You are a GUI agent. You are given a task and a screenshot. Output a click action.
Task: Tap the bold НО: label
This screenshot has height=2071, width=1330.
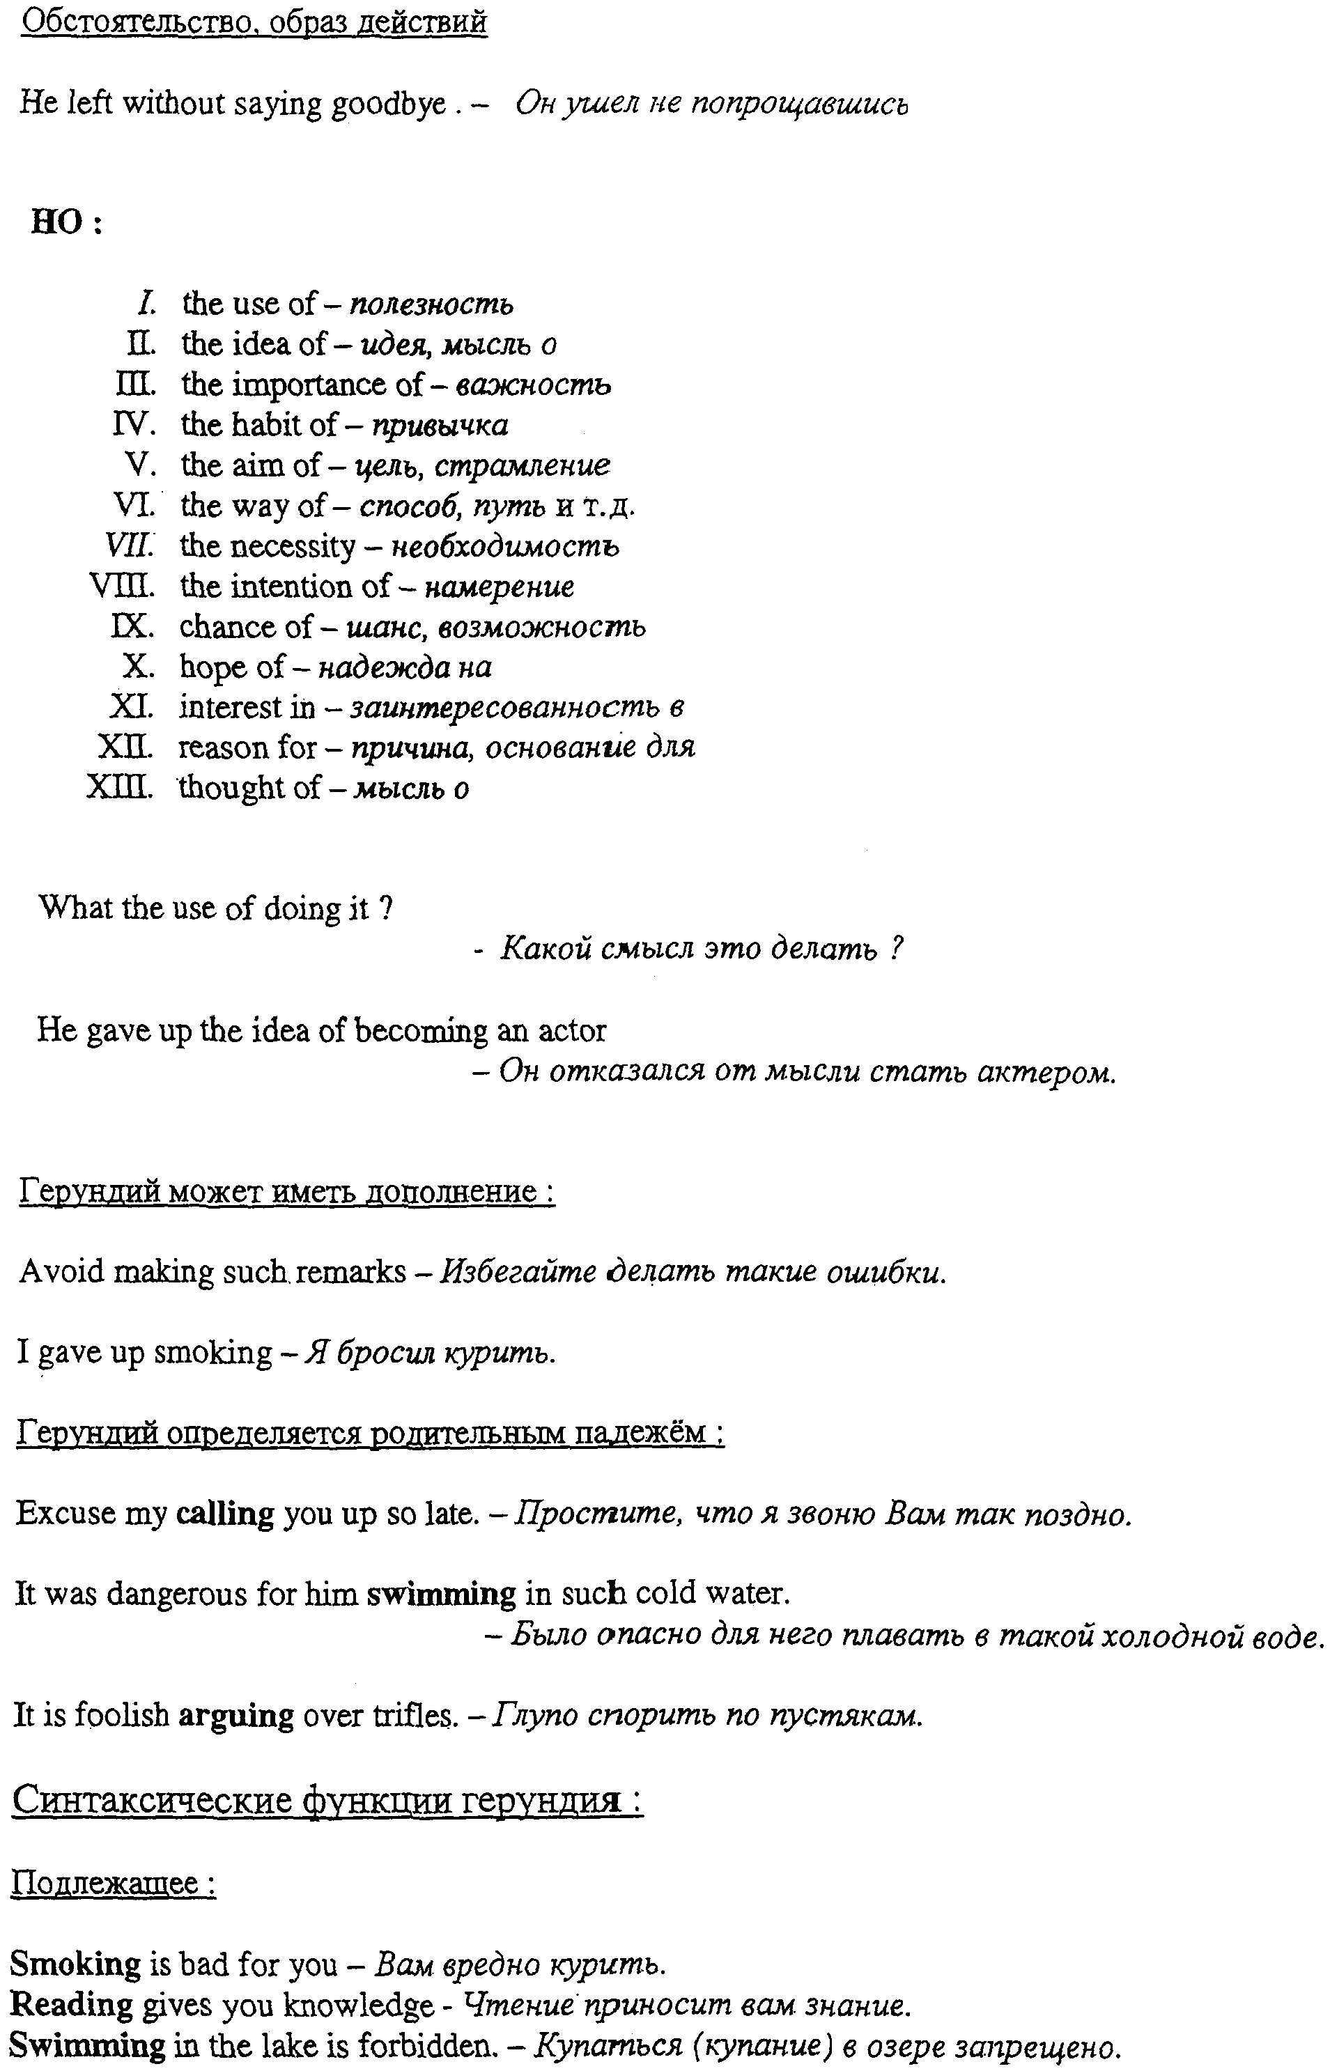coord(66,223)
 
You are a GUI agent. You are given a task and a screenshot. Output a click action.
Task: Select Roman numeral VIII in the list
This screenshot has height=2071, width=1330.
coord(122,586)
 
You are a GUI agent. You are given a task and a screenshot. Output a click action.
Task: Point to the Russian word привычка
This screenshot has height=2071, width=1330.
coord(440,426)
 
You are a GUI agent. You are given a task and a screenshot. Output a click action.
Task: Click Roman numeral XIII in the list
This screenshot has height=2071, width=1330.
coord(120,787)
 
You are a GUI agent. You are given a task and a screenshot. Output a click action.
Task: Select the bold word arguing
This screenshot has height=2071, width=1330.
coord(235,1714)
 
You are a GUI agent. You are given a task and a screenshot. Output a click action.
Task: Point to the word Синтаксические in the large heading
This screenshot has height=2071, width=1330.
coord(152,1801)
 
